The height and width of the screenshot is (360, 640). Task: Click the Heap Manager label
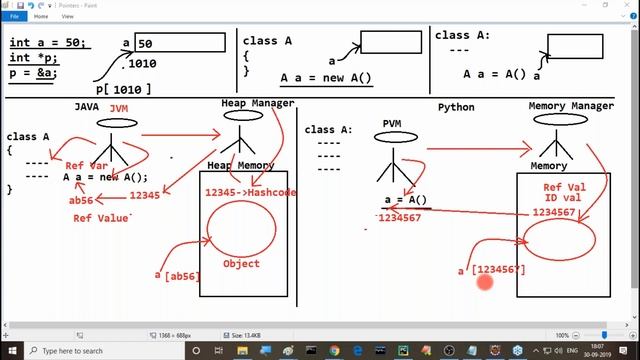pyautogui.click(x=257, y=103)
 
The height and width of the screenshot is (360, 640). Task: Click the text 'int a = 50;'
pyautogui.click(x=48, y=43)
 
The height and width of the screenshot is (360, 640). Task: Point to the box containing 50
pyautogui.click(x=180, y=43)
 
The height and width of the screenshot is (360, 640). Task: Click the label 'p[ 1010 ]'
pyautogui.click(x=124, y=89)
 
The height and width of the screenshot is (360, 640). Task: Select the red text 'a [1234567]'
pyautogui.click(x=491, y=270)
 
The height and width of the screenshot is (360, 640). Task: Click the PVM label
pyautogui.click(x=392, y=123)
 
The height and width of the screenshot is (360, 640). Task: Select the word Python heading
pyautogui.click(x=456, y=107)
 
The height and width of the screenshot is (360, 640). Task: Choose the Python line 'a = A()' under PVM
pyautogui.click(x=405, y=199)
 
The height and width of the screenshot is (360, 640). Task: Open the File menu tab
pyautogui.click(x=15, y=16)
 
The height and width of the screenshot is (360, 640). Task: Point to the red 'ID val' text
pyautogui.click(x=562, y=199)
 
